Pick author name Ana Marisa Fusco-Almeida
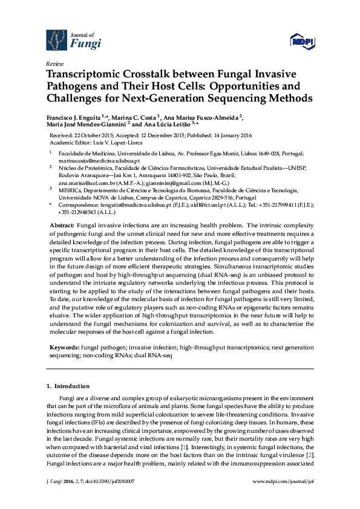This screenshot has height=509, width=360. [200, 117]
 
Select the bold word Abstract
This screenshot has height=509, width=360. [62, 225]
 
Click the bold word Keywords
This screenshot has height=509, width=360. [64, 349]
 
